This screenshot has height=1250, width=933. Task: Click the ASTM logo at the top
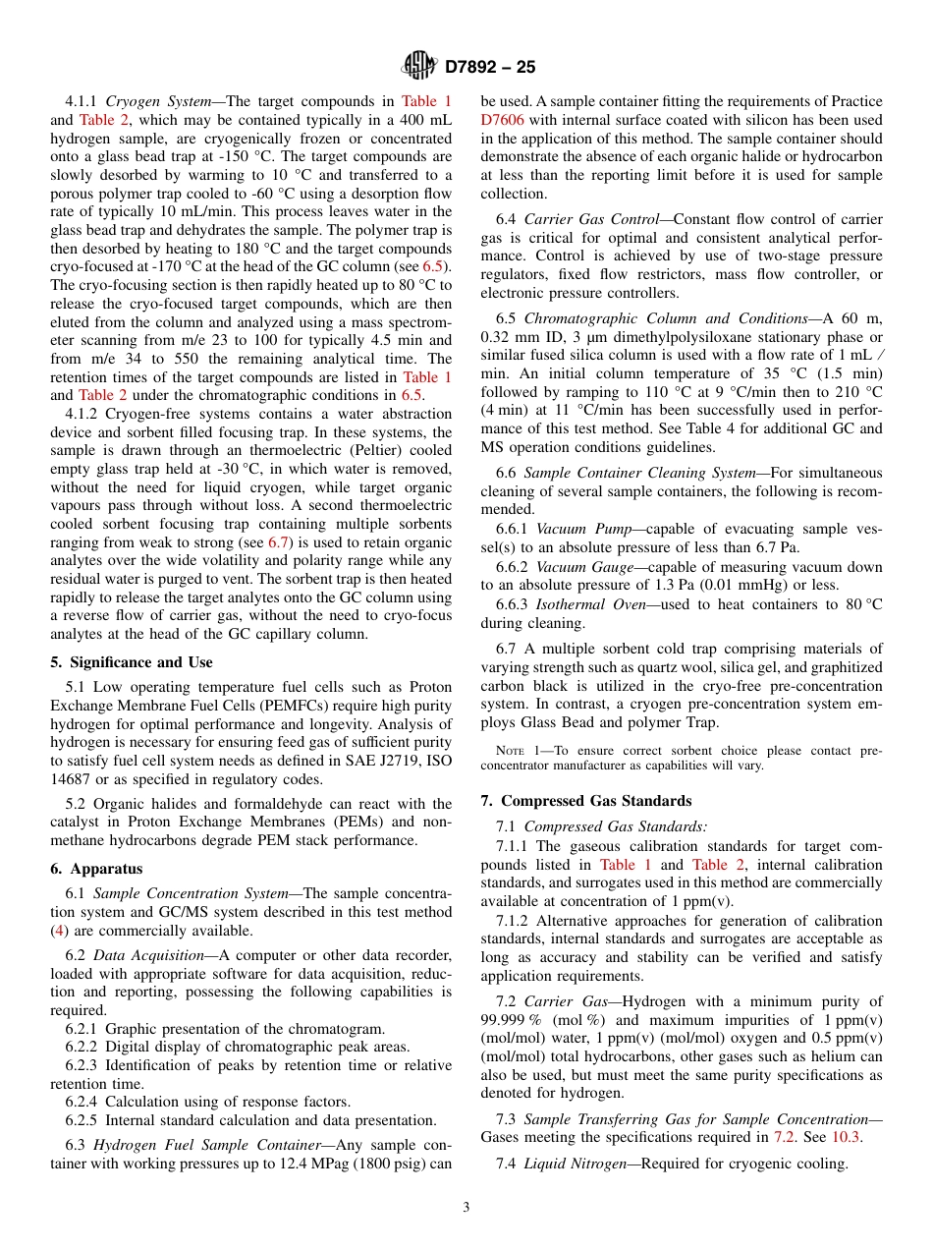[419, 66]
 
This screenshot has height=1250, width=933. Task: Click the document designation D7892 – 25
[490, 67]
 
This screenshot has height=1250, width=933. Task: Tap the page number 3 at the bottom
[466, 1207]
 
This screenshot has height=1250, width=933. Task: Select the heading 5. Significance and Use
[132, 662]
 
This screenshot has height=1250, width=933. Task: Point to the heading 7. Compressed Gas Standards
[585, 801]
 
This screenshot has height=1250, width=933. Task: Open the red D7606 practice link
[502, 120]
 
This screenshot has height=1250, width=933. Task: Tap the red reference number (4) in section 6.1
[59, 931]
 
